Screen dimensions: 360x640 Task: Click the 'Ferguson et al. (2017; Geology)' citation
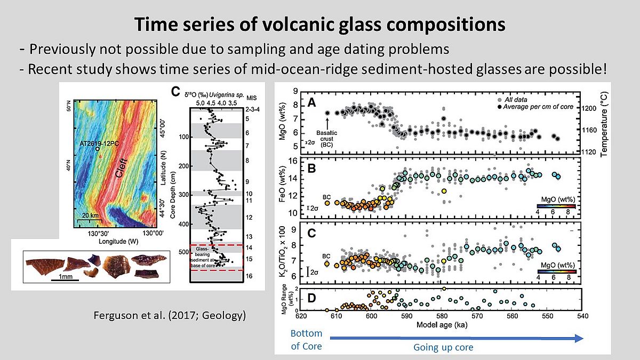(169, 316)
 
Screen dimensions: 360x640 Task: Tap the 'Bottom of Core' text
(306, 340)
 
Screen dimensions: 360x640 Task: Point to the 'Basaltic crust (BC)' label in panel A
(327, 136)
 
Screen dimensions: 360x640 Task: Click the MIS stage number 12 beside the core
(249, 218)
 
